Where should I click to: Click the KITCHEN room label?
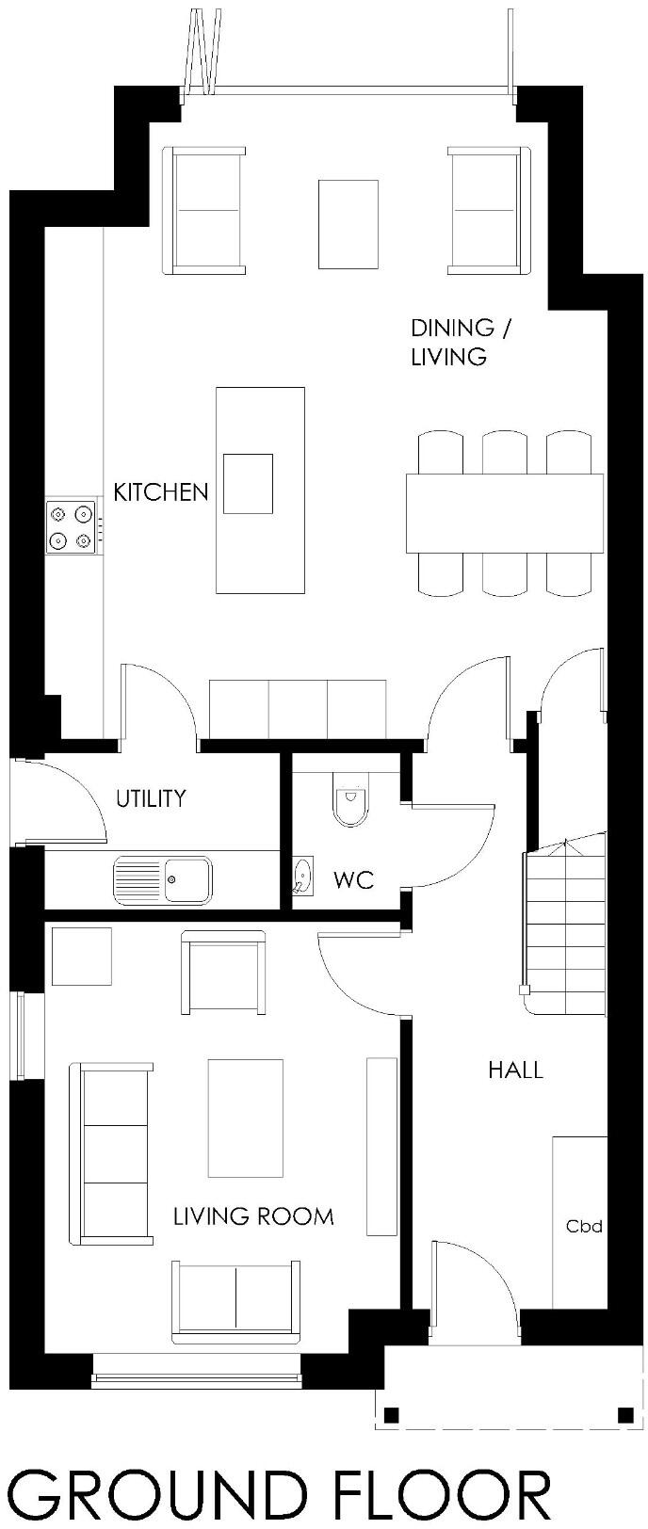coord(160,491)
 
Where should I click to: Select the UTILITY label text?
coord(151,798)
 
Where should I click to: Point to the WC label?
coord(353,879)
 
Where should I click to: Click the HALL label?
coord(515,1070)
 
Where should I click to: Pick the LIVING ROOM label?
coord(253,1216)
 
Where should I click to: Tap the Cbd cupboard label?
coord(583,1227)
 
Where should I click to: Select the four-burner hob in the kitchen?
coord(72,526)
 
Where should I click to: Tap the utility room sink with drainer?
coord(163,880)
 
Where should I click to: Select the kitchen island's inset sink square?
coord(247,483)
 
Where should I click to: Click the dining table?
coord(504,513)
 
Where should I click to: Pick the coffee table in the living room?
coord(245,1118)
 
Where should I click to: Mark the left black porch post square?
coord(391,1413)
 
